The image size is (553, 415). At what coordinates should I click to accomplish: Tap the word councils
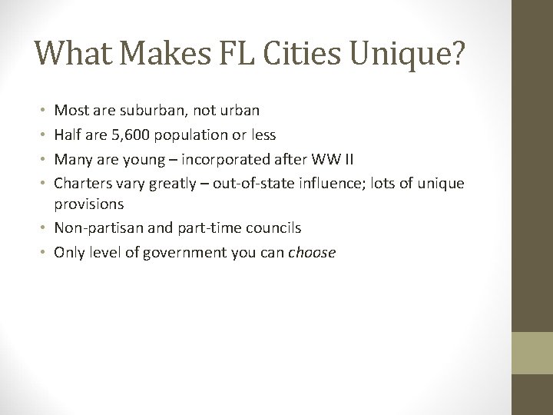pyautogui.click(x=274, y=228)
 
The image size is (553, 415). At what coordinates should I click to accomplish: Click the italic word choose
pyautogui.click(x=312, y=252)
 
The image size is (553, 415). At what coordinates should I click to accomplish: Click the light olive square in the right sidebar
pyautogui.click(x=532, y=353)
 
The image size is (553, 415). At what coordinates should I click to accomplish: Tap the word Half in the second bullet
pyautogui.click(x=67, y=134)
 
